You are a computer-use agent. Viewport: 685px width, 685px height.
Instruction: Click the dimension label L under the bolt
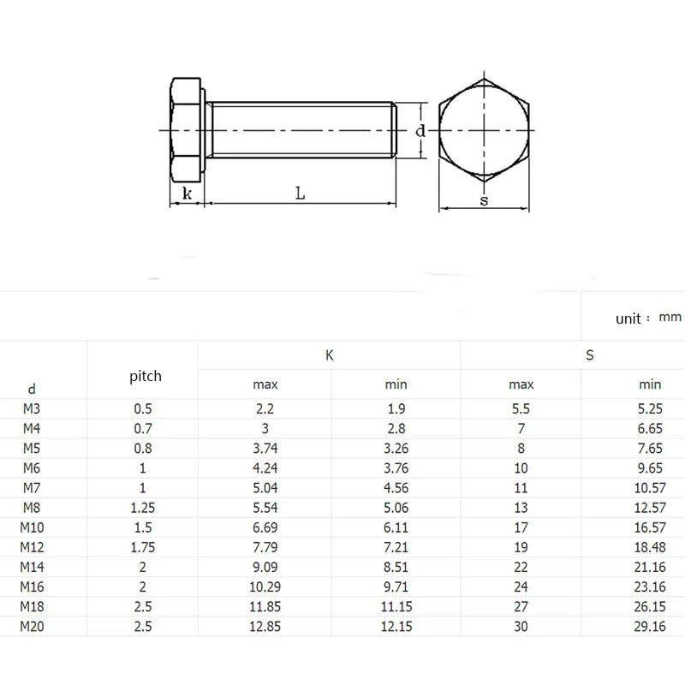(x=301, y=194)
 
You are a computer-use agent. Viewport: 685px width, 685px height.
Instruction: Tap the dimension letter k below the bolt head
(x=187, y=194)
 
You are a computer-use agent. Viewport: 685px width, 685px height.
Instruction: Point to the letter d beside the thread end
(x=420, y=131)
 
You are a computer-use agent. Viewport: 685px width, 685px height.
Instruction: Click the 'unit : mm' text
(x=648, y=318)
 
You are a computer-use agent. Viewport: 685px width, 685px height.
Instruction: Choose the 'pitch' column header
(x=145, y=376)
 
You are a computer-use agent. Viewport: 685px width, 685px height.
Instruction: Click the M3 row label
(x=33, y=408)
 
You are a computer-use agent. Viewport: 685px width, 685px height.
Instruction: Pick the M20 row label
(x=33, y=626)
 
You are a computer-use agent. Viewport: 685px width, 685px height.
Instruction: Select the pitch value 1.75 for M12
(x=142, y=547)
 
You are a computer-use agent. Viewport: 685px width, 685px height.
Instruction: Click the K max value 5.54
(x=265, y=508)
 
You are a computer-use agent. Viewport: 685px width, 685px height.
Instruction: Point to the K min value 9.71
(x=396, y=587)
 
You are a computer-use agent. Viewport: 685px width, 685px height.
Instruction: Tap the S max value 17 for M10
(x=521, y=527)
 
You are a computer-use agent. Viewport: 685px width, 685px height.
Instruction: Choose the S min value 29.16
(x=650, y=626)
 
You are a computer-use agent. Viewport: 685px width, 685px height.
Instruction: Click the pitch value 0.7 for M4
(x=142, y=428)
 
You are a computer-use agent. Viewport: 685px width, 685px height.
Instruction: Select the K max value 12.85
(x=265, y=626)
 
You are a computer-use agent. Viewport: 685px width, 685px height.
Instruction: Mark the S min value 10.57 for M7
(x=650, y=488)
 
